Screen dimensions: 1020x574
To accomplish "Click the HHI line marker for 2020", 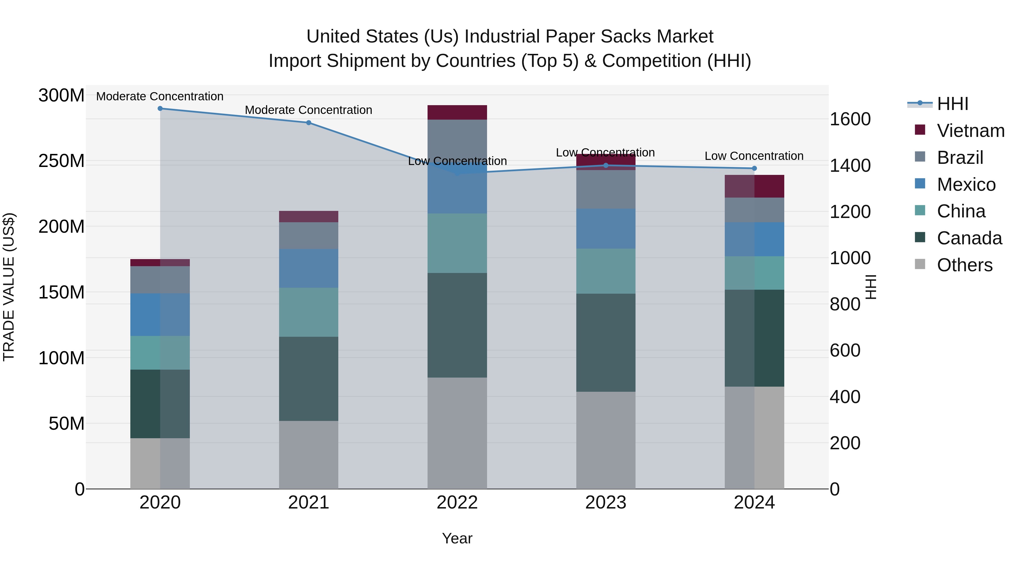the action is (x=160, y=109).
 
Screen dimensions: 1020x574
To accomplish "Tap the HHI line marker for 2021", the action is (x=309, y=123).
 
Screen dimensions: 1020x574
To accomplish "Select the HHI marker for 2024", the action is (x=754, y=168).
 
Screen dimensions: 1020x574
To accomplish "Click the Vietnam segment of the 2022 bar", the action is (x=457, y=113).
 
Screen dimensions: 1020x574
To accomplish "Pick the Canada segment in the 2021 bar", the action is (x=309, y=379).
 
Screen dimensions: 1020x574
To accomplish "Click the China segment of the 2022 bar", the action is (x=457, y=243).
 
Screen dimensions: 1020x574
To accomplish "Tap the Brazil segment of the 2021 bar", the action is (x=309, y=236).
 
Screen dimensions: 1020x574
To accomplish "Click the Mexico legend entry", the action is (x=966, y=185).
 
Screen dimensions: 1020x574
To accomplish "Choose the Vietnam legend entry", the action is (x=970, y=131).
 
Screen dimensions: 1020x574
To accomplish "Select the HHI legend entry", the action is (x=952, y=104).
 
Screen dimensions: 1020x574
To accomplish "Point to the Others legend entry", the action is (x=964, y=265).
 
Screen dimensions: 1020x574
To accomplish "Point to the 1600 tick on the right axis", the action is (x=850, y=119).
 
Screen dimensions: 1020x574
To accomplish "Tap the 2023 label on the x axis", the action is (x=605, y=503).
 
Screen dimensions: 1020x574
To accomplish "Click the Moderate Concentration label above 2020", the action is (x=160, y=96).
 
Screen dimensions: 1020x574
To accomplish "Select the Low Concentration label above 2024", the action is (x=754, y=156).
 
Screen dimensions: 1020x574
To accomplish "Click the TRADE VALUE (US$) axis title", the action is (x=9, y=287).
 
